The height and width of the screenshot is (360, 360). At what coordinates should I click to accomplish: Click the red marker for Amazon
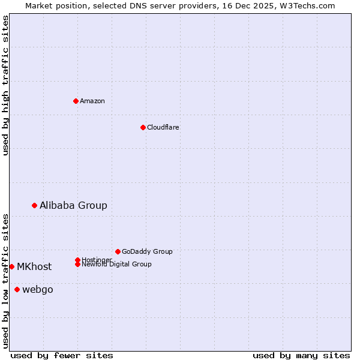click(x=76, y=101)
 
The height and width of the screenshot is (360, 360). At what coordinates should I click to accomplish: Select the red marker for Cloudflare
click(x=143, y=127)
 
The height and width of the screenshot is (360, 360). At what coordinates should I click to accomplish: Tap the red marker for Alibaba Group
click(x=34, y=205)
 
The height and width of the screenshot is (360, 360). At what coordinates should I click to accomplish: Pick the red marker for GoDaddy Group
click(x=118, y=251)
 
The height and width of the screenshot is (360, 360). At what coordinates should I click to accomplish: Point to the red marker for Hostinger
click(x=77, y=260)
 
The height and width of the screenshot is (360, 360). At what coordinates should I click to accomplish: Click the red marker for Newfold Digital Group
click(x=77, y=264)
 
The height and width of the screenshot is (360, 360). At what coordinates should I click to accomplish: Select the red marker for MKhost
click(x=11, y=266)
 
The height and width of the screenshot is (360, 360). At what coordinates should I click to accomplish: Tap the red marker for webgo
click(x=17, y=290)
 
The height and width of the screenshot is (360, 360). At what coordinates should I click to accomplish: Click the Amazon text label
click(x=92, y=101)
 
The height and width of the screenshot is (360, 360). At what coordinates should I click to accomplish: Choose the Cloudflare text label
click(x=163, y=127)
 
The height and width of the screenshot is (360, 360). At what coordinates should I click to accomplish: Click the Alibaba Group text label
click(x=73, y=205)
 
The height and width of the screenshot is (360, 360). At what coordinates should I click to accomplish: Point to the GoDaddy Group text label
click(x=147, y=251)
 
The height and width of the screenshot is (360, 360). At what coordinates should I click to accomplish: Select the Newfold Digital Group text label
click(x=116, y=265)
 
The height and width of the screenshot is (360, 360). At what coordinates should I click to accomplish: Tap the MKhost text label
click(x=34, y=267)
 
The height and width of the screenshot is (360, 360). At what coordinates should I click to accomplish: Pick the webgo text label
click(x=38, y=290)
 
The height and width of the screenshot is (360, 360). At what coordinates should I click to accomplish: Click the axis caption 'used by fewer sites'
click(x=62, y=355)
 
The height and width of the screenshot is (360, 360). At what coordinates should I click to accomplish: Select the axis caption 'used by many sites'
click(x=301, y=355)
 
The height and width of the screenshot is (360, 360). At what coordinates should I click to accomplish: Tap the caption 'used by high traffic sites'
click(x=5, y=86)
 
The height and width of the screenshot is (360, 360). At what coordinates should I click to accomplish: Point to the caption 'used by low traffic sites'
click(x=5, y=281)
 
